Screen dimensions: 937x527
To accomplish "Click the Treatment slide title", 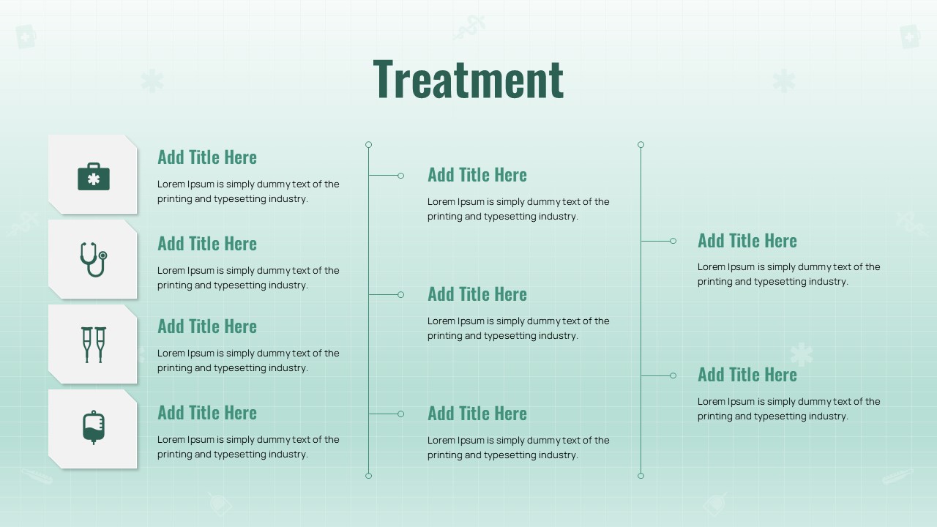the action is click(468, 79).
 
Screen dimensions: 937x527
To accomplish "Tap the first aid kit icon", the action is click(94, 176).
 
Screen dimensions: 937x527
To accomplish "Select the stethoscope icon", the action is click(94, 259).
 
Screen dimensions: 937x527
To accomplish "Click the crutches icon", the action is click(94, 345).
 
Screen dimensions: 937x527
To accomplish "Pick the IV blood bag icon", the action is click(94, 427).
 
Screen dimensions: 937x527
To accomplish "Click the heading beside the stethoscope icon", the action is click(207, 244).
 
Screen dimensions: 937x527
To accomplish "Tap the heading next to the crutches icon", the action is click(207, 326).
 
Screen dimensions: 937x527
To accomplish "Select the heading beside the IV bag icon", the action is click(207, 412).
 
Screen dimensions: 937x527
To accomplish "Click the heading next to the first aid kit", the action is click(207, 157).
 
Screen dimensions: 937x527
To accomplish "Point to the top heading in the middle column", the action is click(477, 175).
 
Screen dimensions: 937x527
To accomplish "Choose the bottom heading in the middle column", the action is click(477, 414).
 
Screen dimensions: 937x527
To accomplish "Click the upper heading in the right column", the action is click(747, 241).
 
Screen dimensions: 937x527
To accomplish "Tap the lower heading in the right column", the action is click(747, 374).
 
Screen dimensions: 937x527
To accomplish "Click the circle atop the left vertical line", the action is click(368, 145).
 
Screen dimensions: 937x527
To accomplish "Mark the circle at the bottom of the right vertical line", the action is click(641, 476).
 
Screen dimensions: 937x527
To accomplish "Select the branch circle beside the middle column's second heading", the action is click(400, 295).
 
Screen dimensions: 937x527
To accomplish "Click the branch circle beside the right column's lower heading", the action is click(673, 375).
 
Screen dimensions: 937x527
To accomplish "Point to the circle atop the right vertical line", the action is click(641, 145).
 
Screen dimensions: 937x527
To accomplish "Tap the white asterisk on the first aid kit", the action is click(94, 179).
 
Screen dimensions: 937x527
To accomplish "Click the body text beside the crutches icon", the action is click(248, 361).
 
